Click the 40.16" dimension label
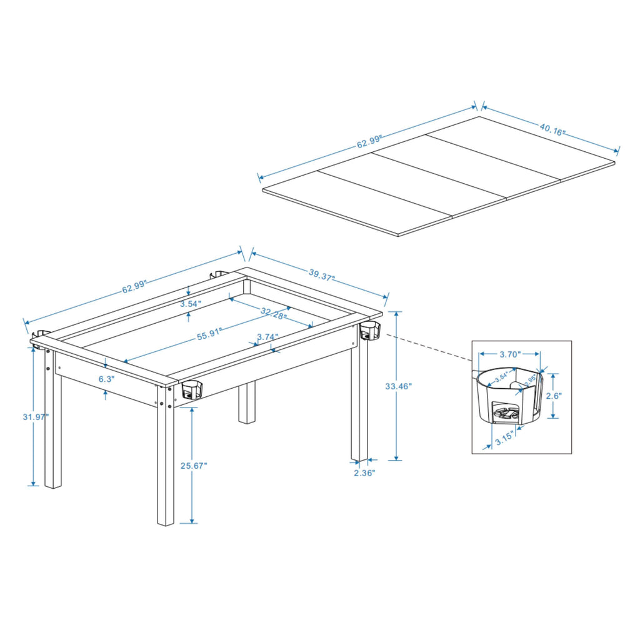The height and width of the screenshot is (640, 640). tap(552, 131)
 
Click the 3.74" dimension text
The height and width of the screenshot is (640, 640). tap(267, 337)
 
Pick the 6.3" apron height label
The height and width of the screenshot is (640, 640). tap(107, 379)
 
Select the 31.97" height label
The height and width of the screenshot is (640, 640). tap(34, 417)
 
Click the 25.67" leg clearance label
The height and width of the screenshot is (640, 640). tap(193, 466)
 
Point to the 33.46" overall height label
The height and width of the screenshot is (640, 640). tap(399, 387)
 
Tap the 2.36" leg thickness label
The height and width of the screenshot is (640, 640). tap(364, 473)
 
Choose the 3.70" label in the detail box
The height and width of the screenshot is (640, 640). tap(509, 354)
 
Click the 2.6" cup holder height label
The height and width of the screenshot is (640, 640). tap(554, 396)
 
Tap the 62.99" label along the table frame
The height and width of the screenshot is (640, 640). tap(134, 287)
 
